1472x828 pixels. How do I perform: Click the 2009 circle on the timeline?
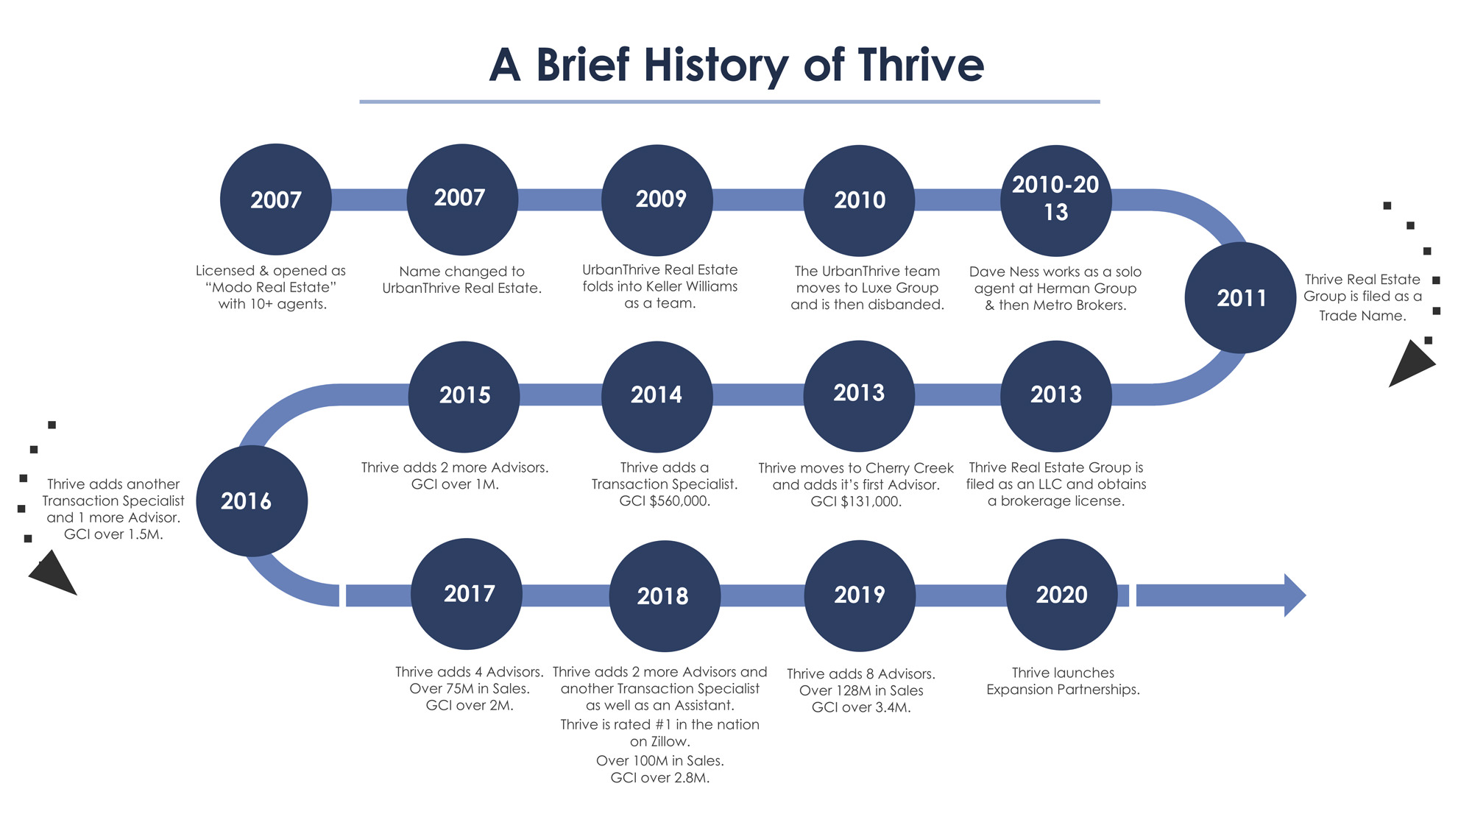click(x=657, y=200)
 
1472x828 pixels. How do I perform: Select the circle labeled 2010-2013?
click(x=1056, y=200)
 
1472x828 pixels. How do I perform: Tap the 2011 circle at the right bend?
click(x=1241, y=298)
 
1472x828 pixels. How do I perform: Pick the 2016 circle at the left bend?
click(x=252, y=501)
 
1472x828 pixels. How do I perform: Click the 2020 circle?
click(x=1062, y=595)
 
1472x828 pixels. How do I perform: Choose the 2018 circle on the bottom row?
click(x=665, y=596)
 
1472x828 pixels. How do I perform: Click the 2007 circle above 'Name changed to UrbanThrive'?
click(x=462, y=199)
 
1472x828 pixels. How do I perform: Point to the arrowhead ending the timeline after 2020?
click(x=1295, y=595)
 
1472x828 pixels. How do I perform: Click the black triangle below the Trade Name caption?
click(x=1409, y=364)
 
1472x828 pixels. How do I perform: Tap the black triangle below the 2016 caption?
click(x=52, y=573)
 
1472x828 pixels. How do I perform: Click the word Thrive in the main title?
click(x=921, y=65)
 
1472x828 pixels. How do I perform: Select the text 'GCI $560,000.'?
click(x=665, y=501)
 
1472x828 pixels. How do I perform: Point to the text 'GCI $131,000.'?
click(x=856, y=502)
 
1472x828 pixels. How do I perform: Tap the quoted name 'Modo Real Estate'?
click(x=271, y=287)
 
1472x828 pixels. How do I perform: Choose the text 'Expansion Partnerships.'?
click(x=1063, y=690)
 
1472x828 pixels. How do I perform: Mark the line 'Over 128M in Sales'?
click(x=861, y=690)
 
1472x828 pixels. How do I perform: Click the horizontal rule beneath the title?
click(x=729, y=102)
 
